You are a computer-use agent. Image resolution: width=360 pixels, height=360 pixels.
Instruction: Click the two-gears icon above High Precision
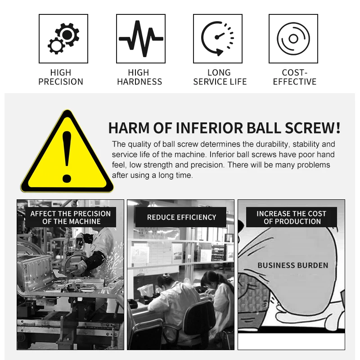[63, 39]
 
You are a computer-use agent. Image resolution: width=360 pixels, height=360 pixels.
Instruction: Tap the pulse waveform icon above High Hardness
[141, 39]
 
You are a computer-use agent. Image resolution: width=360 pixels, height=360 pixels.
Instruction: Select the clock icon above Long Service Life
[218, 39]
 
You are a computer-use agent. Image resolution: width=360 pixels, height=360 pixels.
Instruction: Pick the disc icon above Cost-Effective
[293, 39]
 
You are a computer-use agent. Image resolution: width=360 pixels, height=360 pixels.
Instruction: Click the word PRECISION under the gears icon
[61, 82]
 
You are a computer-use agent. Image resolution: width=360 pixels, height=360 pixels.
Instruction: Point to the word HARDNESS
[139, 82]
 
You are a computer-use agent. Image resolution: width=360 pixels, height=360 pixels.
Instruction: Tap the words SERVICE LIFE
[220, 82]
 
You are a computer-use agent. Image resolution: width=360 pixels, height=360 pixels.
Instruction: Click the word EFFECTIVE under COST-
[295, 82]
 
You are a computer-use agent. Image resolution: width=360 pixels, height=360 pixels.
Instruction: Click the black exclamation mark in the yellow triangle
[67, 157]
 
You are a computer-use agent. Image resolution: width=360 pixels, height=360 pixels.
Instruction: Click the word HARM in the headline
[129, 128]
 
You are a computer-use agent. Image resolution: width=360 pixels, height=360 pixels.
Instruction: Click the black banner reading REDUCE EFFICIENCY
[181, 217]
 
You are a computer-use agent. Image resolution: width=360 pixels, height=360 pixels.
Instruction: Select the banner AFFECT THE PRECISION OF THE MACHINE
[71, 217]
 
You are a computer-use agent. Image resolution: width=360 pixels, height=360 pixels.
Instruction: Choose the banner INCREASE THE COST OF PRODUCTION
[291, 217]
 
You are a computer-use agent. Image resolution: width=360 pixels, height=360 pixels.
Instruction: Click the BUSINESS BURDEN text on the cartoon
[293, 265]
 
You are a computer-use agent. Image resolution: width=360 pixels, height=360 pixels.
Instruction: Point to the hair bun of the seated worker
[166, 275]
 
